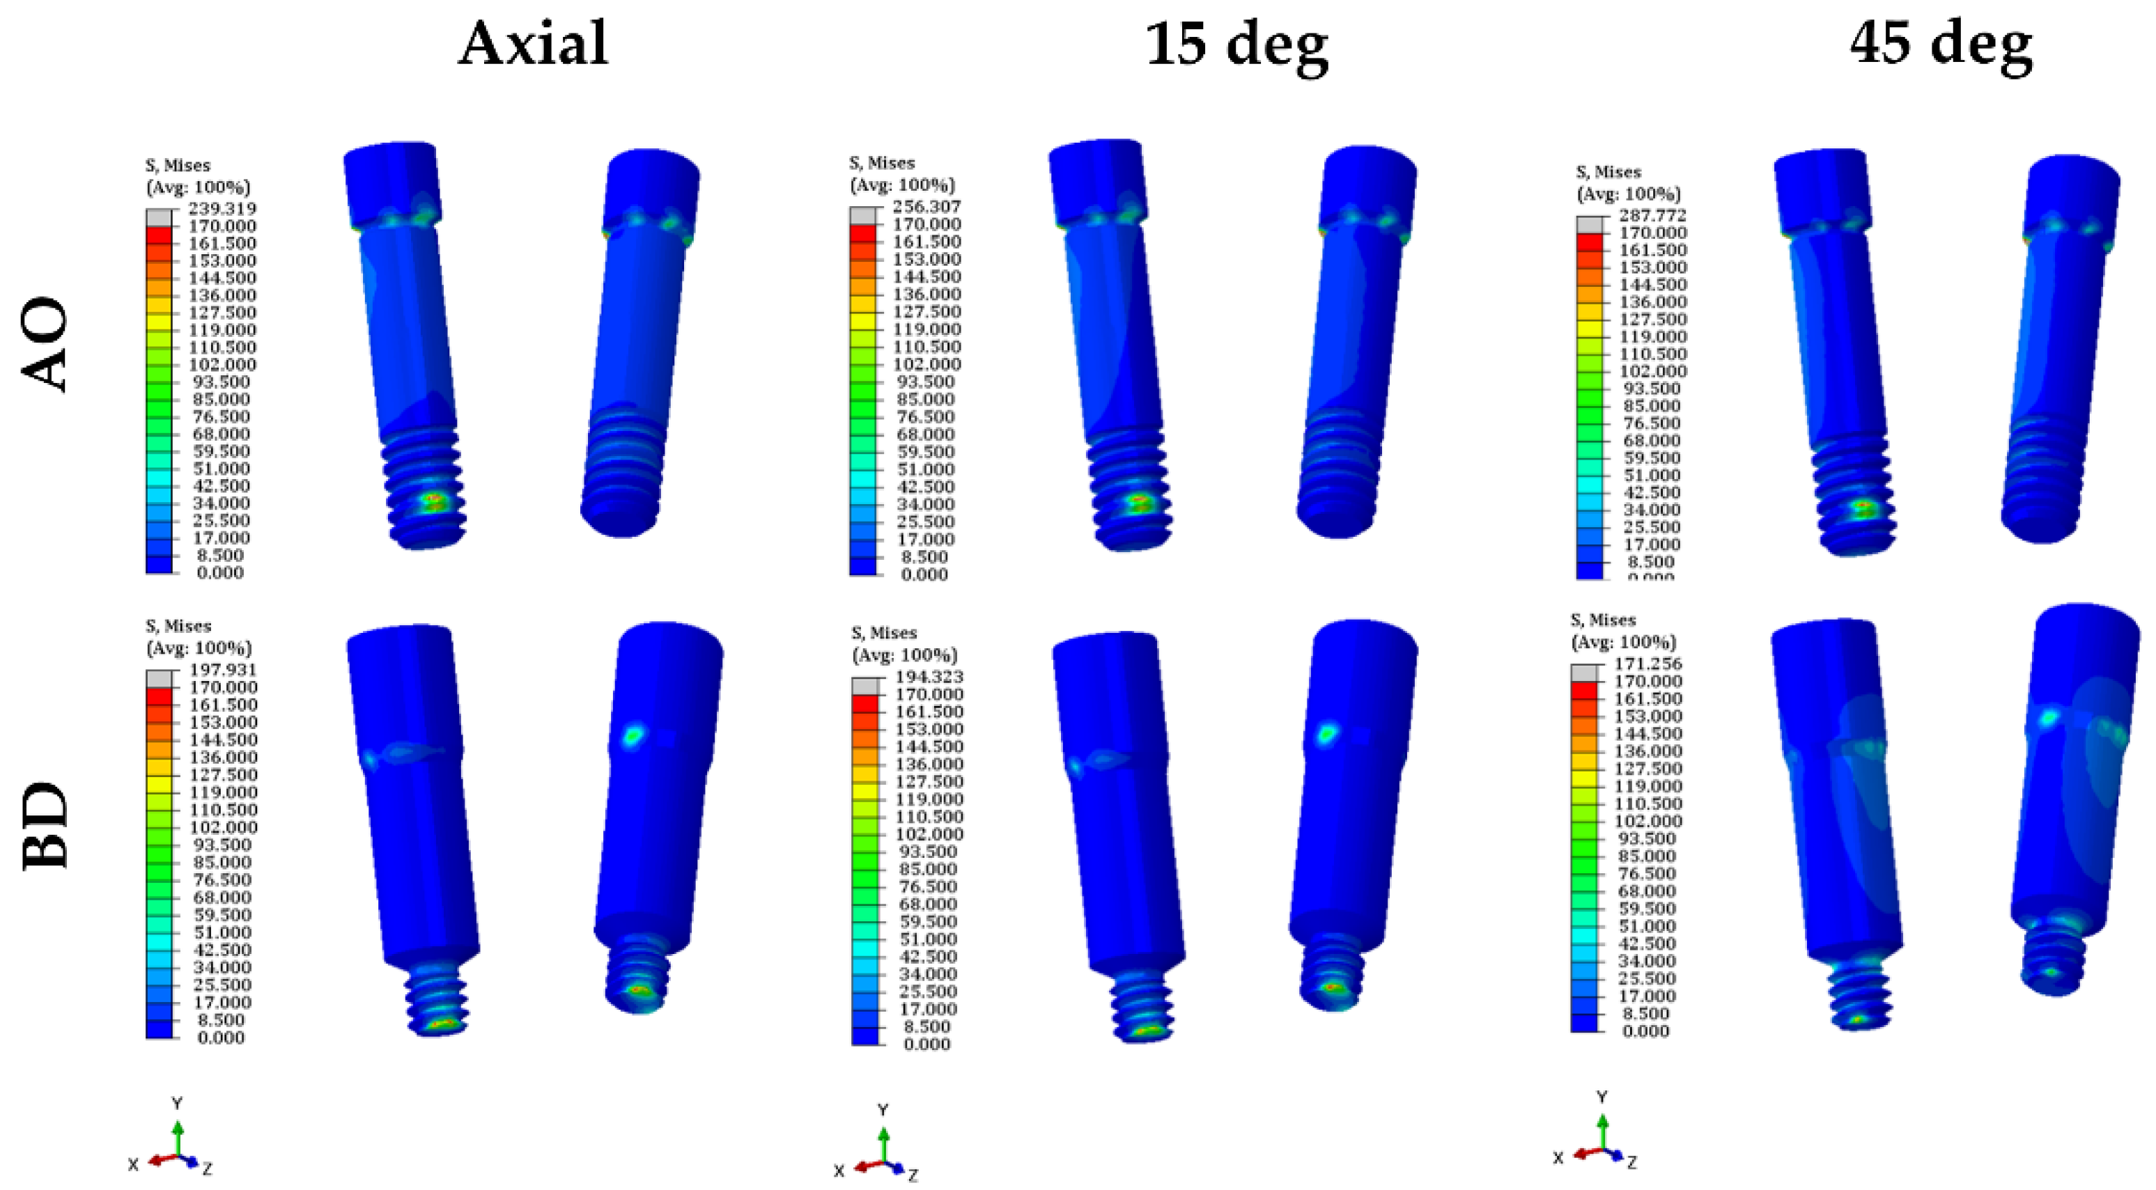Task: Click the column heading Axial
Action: click(533, 43)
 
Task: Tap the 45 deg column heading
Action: click(1940, 43)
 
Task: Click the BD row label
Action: click(45, 825)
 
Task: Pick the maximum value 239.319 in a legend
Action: click(222, 208)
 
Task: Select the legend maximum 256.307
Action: click(926, 206)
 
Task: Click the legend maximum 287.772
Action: click(1652, 215)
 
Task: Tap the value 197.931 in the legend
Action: click(222, 669)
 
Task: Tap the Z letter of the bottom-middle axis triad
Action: click(913, 1175)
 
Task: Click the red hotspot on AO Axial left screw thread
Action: click(433, 501)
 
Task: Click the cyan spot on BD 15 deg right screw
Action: click(1326, 735)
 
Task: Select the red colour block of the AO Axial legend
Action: click(158, 235)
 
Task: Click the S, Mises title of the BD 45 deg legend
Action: click(1602, 620)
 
